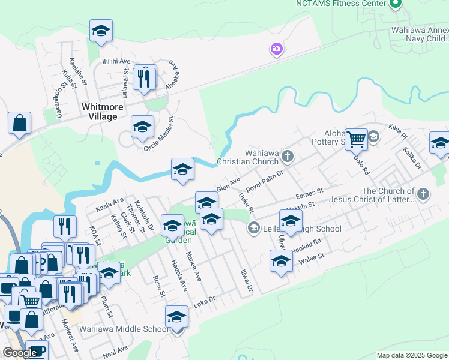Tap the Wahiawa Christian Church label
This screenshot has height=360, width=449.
coord(247,157)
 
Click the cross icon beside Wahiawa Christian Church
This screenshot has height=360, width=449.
coord(288,157)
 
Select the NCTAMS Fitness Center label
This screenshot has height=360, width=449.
coord(340,4)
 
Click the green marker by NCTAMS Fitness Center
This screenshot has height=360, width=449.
coord(395,5)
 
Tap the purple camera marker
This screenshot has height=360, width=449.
coord(276,49)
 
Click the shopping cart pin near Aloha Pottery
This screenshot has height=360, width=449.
coord(357,139)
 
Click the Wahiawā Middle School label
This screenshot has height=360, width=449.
coord(130,329)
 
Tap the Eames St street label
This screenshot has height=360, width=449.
coord(310,195)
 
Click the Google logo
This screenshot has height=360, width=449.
coord(20,353)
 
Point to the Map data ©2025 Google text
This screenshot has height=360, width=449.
coord(412,355)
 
